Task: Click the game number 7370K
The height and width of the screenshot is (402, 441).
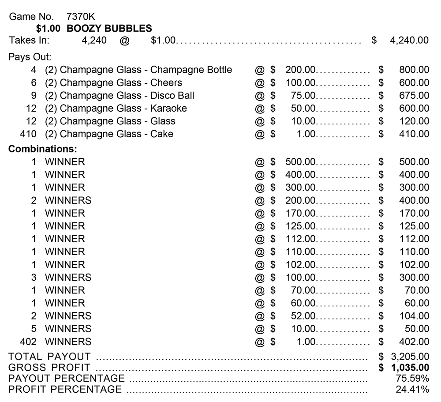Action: pyautogui.click(x=80, y=17)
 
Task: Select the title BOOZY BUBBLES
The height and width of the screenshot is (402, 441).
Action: pyautogui.click(x=109, y=29)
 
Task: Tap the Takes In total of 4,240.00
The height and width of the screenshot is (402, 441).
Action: pyautogui.click(x=409, y=41)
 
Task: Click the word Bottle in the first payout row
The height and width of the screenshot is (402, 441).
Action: pyautogui.click(x=217, y=70)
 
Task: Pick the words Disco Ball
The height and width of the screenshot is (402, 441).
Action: pyautogui.click(x=172, y=95)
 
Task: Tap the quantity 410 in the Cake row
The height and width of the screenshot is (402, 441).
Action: pyautogui.click(x=28, y=134)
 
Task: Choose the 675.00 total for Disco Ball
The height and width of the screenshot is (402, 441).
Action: pyautogui.click(x=414, y=95)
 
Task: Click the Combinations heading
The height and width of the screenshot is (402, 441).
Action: pyautogui.click(x=43, y=149)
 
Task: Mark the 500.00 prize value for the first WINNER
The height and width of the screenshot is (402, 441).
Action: pyautogui.click(x=301, y=162)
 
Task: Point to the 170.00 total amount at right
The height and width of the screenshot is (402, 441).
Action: pyautogui.click(x=414, y=213)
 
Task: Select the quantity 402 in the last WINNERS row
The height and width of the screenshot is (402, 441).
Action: pyautogui.click(x=28, y=342)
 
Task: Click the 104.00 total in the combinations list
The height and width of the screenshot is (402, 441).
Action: pyautogui.click(x=414, y=316)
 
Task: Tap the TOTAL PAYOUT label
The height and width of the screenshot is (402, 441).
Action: pyautogui.click(x=49, y=357)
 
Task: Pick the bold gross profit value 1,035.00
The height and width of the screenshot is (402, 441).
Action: pyautogui.click(x=410, y=368)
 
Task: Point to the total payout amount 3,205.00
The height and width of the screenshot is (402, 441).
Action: pyautogui.click(x=410, y=357)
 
